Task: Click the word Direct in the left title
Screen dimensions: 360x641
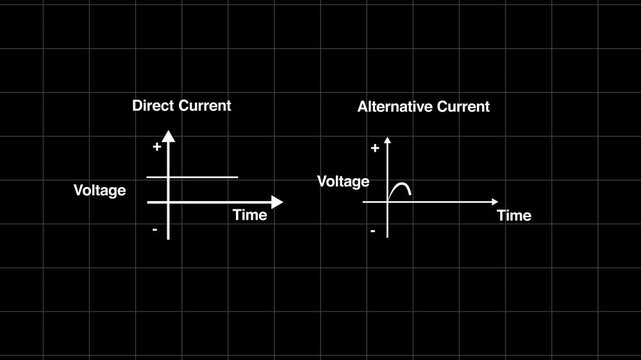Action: point(153,106)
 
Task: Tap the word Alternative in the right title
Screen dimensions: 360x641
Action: point(395,107)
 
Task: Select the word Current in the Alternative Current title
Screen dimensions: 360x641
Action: point(463,107)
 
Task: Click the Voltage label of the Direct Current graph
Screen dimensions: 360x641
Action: point(100,190)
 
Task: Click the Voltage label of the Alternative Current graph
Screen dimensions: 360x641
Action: point(343,181)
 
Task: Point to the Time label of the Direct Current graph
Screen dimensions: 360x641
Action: point(250,215)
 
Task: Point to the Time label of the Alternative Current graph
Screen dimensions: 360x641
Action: point(514,215)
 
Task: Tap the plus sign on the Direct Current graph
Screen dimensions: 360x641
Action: point(157,147)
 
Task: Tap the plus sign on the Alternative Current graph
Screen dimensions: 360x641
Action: point(374,148)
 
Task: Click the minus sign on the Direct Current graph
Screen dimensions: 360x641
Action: point(155,230)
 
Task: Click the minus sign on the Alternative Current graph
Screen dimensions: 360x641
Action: point(373,231)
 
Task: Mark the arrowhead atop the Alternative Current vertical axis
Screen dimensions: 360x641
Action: point(388,139)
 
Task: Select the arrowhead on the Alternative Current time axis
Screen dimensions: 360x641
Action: point(493,202)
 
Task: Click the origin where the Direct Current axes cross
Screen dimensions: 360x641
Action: point(168,202)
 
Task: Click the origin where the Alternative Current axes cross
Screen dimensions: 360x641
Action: point(388,202)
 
